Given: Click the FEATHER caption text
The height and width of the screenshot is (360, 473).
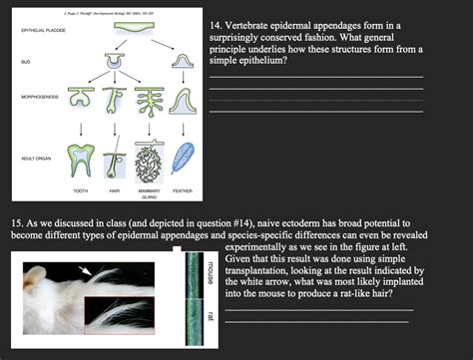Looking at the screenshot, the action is point(183,189).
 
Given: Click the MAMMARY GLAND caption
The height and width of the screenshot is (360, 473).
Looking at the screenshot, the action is point(150,192).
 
